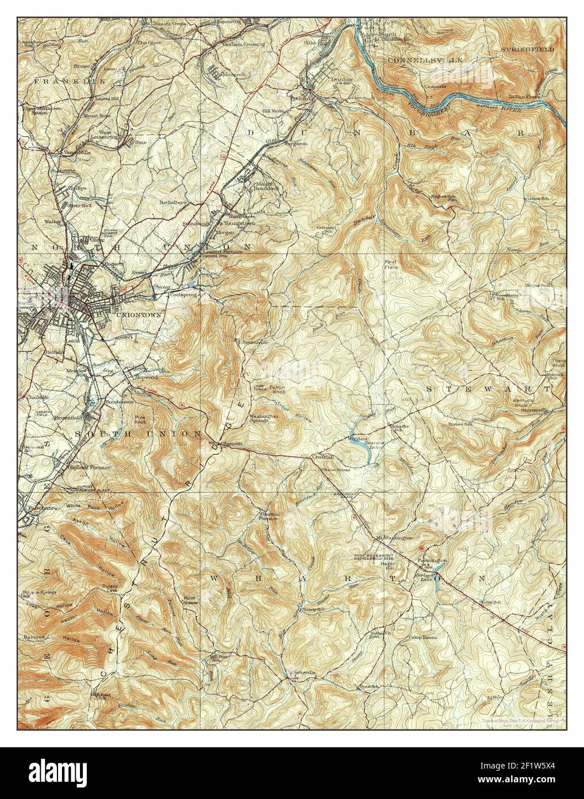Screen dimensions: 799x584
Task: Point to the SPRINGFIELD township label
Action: (x=527, y=50)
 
